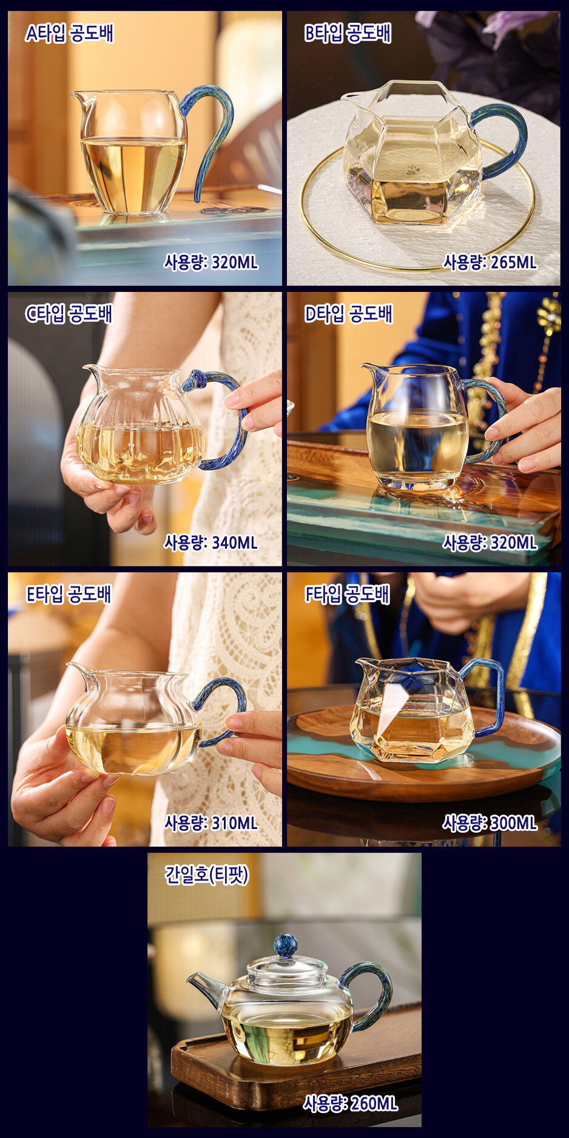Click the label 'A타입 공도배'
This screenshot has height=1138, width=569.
click(69, 33)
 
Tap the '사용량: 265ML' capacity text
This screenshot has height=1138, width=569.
click(490, 262)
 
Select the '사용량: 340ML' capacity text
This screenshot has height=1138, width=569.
click(211, 542)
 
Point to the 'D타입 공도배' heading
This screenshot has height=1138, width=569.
click(348, 314)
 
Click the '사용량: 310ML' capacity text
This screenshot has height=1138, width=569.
click(211, 823)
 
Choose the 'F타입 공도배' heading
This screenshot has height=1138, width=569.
click(347, 594)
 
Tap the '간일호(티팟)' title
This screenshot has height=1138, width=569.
click(207, 875)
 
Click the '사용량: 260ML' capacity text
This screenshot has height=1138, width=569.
click(351, 1103)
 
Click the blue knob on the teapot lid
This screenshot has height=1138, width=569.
click(285, 946)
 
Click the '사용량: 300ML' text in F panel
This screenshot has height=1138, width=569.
click(490, 823)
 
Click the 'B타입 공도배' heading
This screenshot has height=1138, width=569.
click(348, 33)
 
